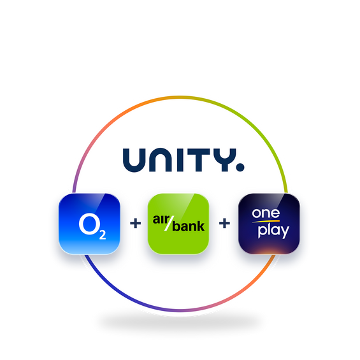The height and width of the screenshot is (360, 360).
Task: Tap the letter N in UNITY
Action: point(161,160)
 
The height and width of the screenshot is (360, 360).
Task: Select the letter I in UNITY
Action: point(180,160)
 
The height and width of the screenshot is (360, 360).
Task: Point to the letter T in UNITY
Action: point(198,160)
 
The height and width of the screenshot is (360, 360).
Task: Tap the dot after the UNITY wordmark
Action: point(240,168)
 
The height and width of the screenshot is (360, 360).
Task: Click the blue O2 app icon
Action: point(89,224)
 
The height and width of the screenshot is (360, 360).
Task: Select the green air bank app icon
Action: point(178,224)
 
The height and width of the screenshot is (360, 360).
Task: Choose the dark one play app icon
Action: point(269,224)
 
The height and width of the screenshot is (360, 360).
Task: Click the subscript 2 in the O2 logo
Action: point(103,234)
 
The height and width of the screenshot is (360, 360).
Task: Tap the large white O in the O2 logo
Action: point(89,224)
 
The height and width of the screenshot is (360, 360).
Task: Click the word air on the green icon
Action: point(161,219)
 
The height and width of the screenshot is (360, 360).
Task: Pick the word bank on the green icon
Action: point(188,226)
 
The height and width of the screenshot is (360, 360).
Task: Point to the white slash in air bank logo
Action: point(169,223)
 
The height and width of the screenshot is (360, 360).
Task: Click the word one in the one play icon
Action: point(266,213)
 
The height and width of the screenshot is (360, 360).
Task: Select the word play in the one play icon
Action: point(273,231)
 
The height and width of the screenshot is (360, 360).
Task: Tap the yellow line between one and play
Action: point(266,221)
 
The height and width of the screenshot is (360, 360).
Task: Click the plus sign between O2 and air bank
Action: point(136,224)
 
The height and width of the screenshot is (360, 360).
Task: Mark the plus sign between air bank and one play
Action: point(224,224)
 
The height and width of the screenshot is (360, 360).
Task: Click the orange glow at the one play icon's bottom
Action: point(269,251)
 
